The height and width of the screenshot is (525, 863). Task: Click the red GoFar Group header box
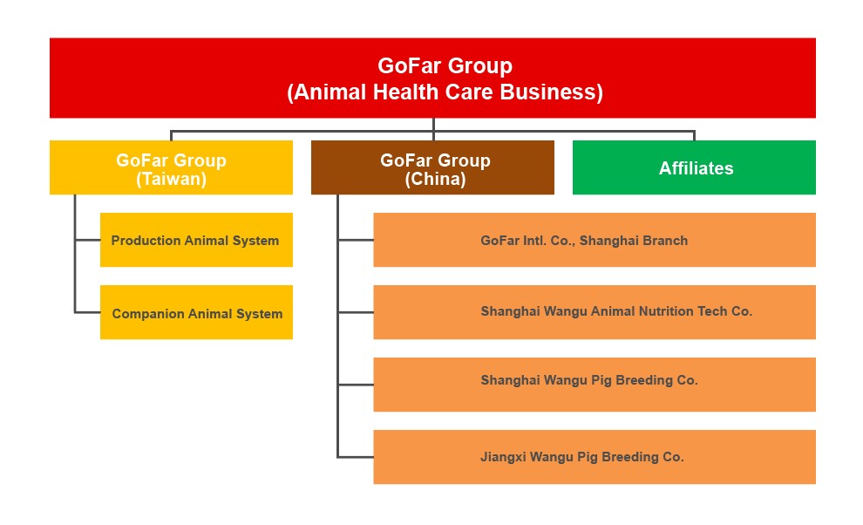point(432,78)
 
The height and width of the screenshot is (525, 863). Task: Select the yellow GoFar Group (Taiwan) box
point(171,167)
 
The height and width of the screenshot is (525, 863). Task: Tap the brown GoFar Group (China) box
point(432,167)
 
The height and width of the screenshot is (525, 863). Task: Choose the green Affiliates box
point(694,167)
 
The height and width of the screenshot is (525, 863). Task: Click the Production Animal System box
point(196,240)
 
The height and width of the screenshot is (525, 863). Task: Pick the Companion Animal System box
point(196,312)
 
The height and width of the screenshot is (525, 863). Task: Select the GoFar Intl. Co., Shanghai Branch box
point(595,240)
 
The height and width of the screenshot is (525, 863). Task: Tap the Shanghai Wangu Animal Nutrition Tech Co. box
point(595,312)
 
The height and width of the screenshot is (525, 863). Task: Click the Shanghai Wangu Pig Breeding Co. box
point(595,385)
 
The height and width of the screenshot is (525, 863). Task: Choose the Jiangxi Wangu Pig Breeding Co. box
point(595,457)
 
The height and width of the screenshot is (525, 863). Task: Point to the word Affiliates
point(697,168)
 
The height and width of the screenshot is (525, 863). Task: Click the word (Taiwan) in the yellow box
point(171,179)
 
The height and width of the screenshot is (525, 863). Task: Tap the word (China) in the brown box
point(435,179)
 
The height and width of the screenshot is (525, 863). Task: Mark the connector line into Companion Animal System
point(87,312)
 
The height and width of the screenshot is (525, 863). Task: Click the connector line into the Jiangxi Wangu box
point(356,457)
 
